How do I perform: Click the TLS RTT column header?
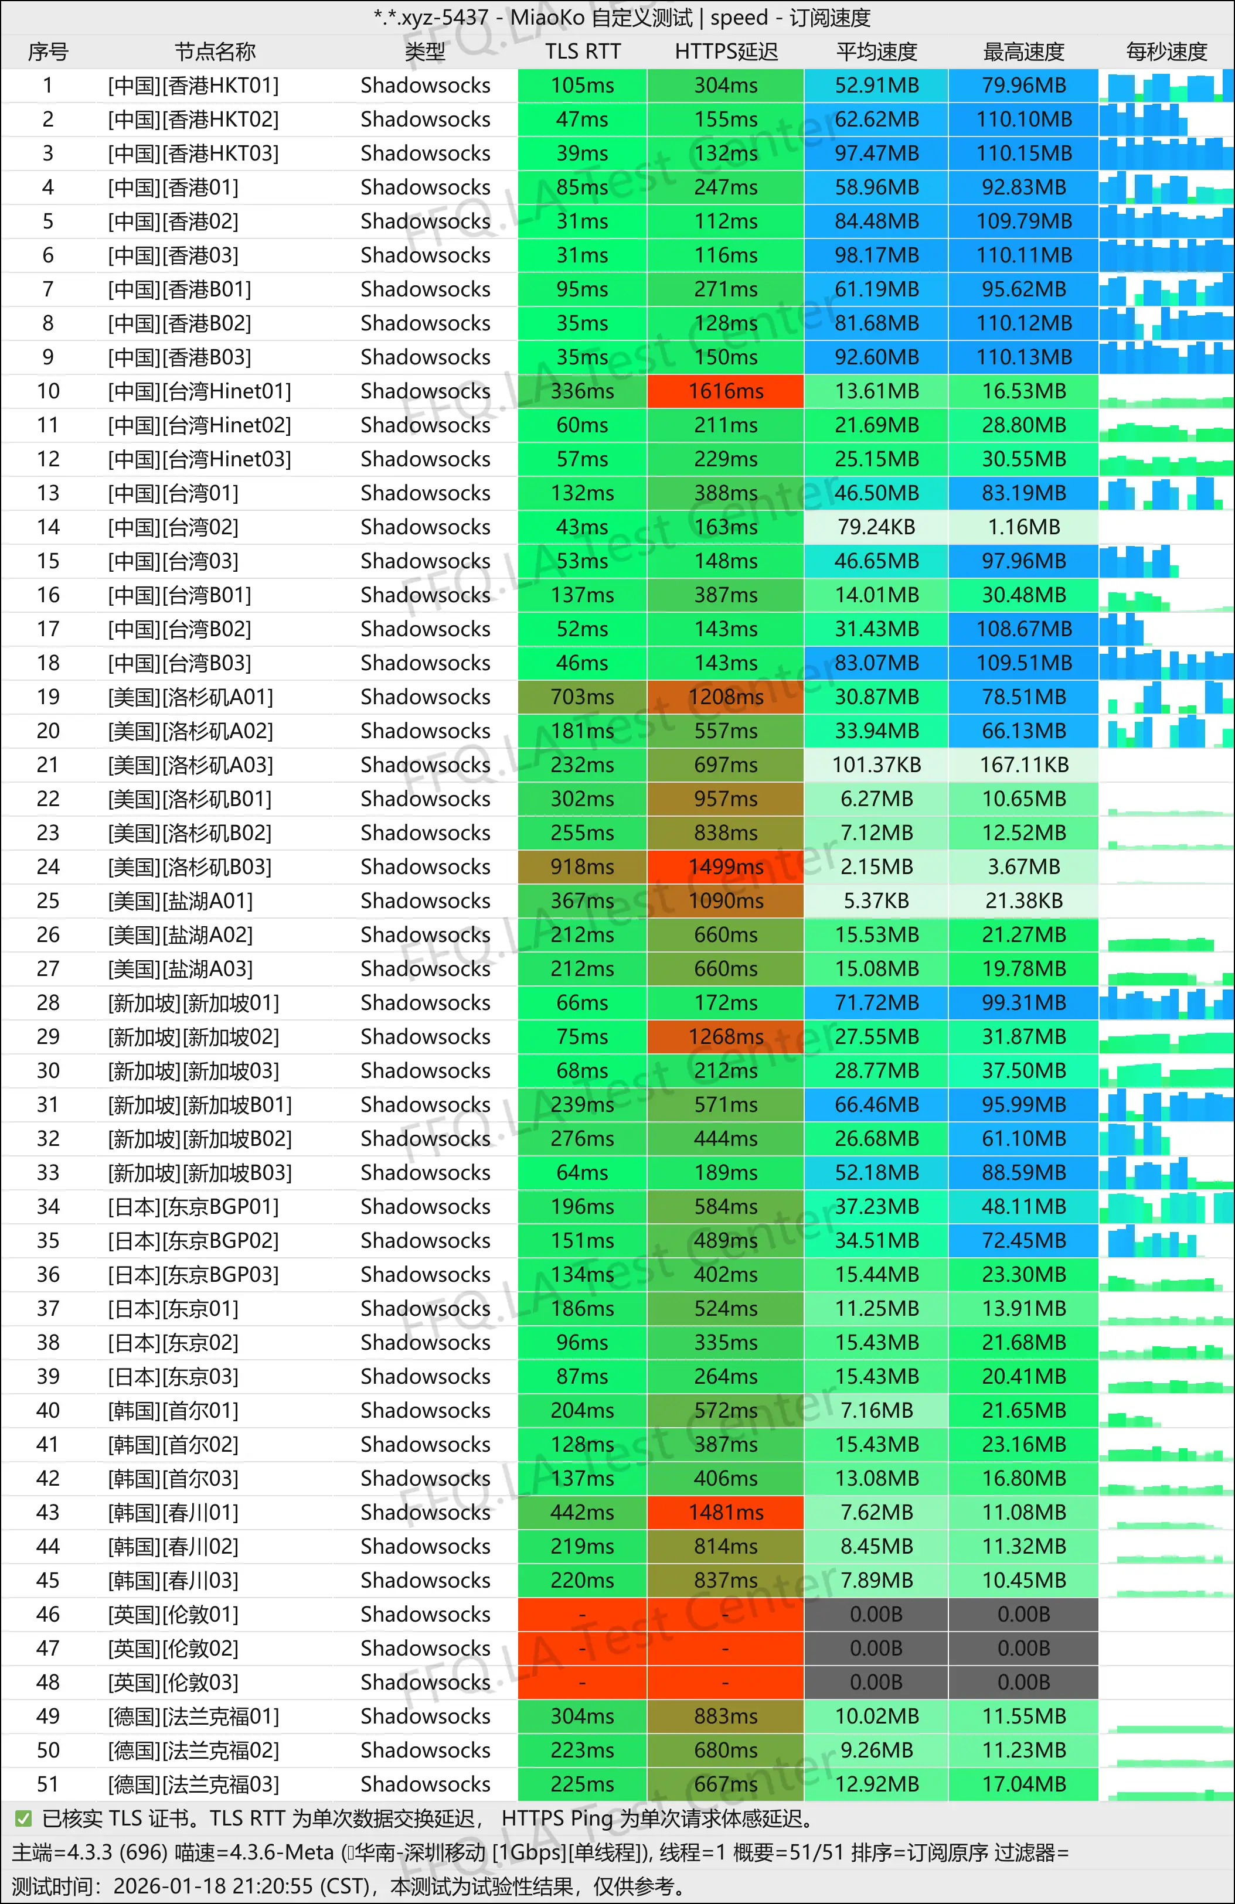coord(582,52)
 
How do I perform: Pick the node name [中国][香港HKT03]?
coord(193,153)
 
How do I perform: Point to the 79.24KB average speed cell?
coord(876,527)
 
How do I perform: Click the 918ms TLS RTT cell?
coord(582,867)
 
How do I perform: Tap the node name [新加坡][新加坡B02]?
coord(199,1138)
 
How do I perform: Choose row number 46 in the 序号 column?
coord(48,1615)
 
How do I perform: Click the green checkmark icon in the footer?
coord(23,1818)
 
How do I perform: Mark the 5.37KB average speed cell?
coord(876,901)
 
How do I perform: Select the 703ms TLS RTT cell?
coord(582,697)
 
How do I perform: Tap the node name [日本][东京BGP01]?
coord(193,1206)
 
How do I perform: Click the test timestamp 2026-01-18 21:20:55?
coord(212,1886)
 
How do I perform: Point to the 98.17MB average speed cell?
coord(876,255)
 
